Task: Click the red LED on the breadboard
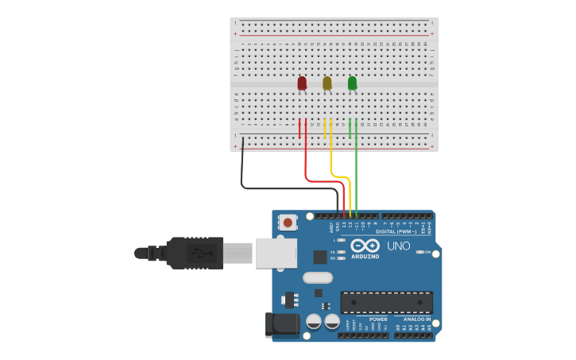point(302,83)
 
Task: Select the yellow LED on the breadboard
point(327,83)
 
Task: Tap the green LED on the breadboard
point(352,83)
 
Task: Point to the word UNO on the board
point(398,246)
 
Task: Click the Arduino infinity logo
point(365,246)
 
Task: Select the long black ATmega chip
point(387,302)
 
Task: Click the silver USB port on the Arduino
point(277,253)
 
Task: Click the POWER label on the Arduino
point(378,319)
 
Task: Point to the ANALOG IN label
point(417,319)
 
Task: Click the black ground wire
point(242,171)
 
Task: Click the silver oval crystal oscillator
point(317,278)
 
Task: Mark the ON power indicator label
point(428,253)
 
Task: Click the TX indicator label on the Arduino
point(332,252)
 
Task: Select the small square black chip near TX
point(319,257)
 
